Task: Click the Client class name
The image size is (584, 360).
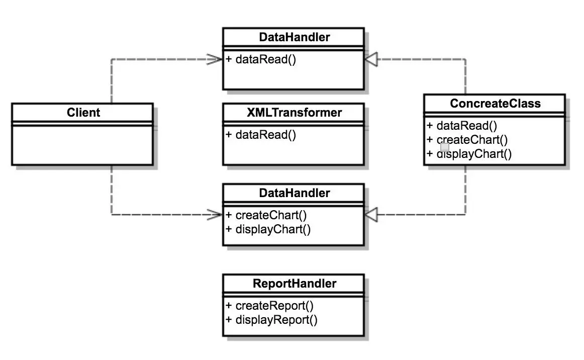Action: coord(83,113)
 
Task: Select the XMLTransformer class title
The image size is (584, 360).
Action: coord(294,113)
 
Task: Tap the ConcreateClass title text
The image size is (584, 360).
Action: coord(495,104)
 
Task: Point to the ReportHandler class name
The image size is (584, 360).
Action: coord(294,284)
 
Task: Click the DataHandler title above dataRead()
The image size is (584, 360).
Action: coord(294,37)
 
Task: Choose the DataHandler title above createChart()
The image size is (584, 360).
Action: coord(294,193)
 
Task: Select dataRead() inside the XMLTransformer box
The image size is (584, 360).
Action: coord(265,135)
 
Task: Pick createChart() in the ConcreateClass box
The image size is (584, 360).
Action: coord(471,140)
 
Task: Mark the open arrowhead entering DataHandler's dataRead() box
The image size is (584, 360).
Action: coord(215,59)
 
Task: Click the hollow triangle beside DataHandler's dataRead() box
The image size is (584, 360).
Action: coord(371,59)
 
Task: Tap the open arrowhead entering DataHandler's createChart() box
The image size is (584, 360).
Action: coord(215,215)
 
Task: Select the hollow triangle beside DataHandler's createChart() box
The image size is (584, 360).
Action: coord(371,215)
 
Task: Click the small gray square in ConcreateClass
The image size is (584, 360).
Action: coord(445,147)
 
